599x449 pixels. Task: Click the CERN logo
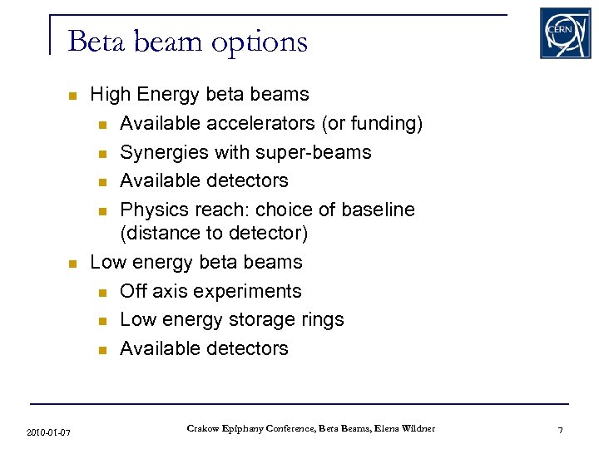click(x=565, y=33)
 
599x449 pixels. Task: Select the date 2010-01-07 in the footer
click(x=48, y=432)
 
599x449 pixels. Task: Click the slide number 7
click(x=560, y=431)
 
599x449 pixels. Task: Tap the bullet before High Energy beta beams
click(x=72, y=96)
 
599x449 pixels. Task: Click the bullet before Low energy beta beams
click(x=72, y=264)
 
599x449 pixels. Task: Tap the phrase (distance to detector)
click(x=213, y=234)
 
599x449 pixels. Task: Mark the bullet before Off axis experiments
click(x=102, y=293)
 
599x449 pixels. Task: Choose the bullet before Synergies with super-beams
click(x=102, y=154)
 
